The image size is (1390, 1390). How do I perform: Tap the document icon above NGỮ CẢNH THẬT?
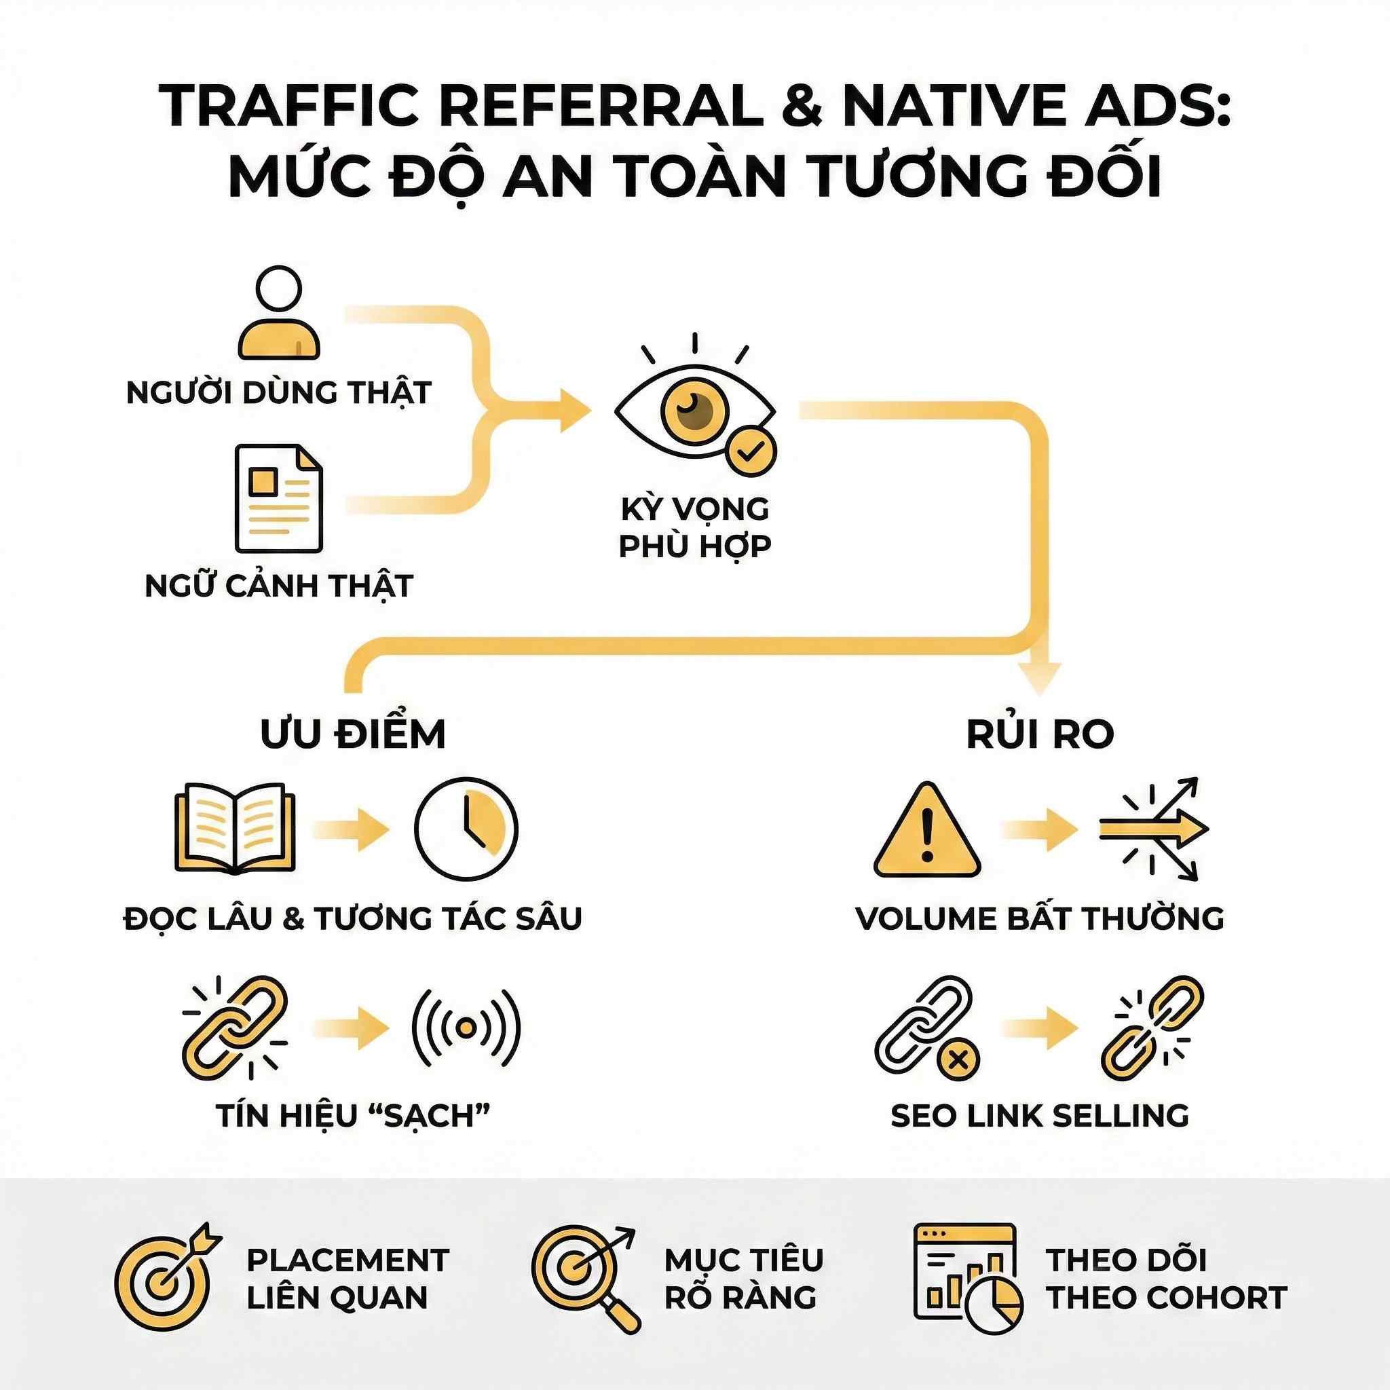(278, 498)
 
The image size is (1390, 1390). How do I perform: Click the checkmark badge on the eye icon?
(751, 451)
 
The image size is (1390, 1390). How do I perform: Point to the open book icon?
(235, 828)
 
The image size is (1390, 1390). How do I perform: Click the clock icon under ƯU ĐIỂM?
(466, 828)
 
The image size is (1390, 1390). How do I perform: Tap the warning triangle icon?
(926, 831)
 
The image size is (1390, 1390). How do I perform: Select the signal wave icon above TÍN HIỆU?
(466, 1028)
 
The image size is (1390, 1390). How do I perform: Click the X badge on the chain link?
(957, 1059)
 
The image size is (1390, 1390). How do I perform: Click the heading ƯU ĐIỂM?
(352, 734)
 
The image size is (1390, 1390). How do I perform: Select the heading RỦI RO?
(1040, 734)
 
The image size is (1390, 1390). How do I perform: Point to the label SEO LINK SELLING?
(1040, 1116)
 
